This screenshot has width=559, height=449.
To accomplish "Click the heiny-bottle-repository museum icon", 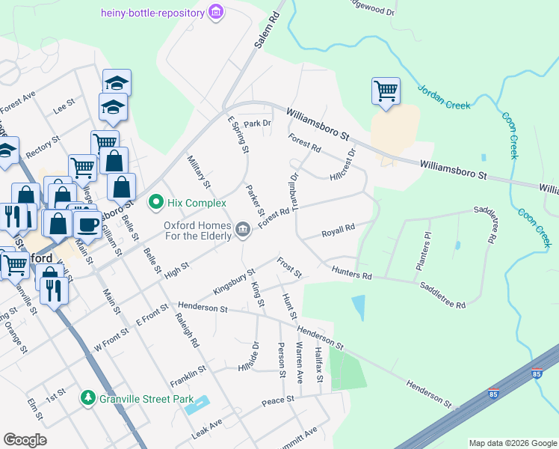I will pos(216,12).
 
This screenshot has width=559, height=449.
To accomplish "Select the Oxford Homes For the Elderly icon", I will pos(242,228).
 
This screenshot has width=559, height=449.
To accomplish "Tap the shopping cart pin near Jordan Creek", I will pos(386,91).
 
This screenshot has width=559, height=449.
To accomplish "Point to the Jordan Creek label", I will pos(444,97).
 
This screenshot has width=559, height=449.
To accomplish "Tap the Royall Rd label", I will pos(337,231).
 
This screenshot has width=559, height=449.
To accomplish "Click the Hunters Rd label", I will pos(350,276).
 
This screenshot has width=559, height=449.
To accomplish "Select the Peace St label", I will pos(277,402).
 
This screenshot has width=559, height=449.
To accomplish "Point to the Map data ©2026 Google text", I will pos(512,442).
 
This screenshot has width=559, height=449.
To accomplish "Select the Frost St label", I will pos(288,267).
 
